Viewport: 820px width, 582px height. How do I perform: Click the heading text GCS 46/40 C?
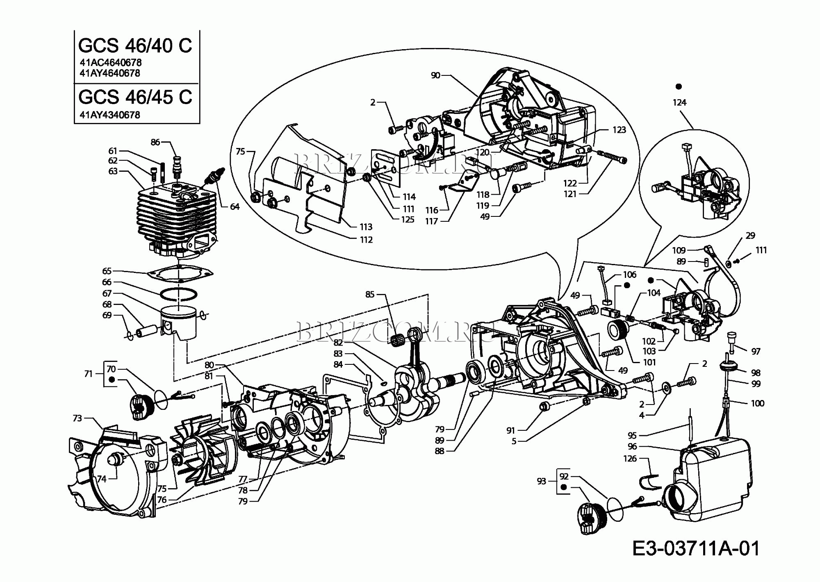tap(135, 45)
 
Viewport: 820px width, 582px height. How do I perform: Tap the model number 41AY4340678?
tap(110, 115)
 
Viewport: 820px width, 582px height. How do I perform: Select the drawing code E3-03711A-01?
tap(696, 548)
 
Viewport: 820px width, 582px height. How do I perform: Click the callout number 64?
tap(235, 207)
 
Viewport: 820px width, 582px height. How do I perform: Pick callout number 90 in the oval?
tap(435, 75)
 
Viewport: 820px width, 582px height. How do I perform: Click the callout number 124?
tap(679, 102)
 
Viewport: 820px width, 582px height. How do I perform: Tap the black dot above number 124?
tap(679, 86)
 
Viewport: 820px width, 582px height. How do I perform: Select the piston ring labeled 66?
tap(179, 294)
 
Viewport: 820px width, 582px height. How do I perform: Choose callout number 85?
tap(370, 294)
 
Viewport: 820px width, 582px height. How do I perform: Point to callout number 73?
tap(77, 418)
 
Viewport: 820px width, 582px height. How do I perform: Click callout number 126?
tap(630, 459)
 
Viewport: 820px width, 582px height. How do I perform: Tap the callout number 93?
tap(541, 481)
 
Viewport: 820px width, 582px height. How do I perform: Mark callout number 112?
tap(366, 240)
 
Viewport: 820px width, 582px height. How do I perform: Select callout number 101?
tap(649, 362)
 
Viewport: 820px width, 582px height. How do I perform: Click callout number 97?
tap(756, 351)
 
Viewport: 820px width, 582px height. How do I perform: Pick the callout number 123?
tap(619, 130)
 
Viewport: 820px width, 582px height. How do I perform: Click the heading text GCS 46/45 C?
tap(135, 97)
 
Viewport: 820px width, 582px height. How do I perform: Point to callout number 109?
tap(679, 250)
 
